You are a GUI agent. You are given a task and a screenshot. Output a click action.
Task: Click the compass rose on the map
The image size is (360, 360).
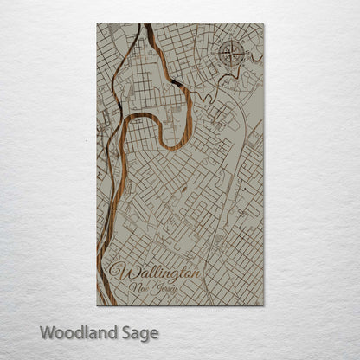(232, 54)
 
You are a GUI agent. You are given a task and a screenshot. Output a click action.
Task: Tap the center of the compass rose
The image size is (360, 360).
(232, 54)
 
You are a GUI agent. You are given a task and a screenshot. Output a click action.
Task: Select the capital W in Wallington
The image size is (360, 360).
(119, 271)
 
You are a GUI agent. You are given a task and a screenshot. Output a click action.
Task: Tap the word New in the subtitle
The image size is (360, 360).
(138, 287)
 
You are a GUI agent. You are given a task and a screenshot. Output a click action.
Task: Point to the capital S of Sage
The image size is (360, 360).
(124, 332)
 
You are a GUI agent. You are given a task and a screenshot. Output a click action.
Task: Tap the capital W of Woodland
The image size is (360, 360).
(46, 332)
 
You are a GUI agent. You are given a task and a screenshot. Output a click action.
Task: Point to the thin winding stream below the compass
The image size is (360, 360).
(227, 80)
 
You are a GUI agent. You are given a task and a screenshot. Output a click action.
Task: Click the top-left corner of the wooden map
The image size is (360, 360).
(97, 24)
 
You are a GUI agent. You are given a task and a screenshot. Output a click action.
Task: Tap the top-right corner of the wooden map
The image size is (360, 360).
(263, 24)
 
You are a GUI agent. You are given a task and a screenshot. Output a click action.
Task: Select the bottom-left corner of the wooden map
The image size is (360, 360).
(97, 305)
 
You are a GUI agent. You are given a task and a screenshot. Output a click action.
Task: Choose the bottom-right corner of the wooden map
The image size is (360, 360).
(263, 305)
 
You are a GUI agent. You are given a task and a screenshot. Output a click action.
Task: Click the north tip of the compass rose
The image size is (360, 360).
(232, 42)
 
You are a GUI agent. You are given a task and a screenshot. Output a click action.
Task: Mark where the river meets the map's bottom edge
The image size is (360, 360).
(100, 305)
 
